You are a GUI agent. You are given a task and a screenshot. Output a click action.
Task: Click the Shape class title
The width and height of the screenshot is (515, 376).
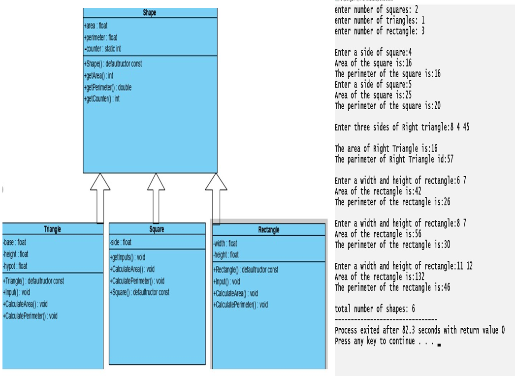(x=150, y=13)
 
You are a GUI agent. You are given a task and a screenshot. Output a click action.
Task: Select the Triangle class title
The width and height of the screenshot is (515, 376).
(x=53, y=229)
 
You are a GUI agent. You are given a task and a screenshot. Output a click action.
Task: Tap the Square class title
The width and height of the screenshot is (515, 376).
(x=157, y=229)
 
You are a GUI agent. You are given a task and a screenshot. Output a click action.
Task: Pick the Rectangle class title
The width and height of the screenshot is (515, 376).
(x=268, y=230)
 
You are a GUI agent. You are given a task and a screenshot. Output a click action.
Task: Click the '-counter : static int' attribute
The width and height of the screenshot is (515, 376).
(x=102, y=49)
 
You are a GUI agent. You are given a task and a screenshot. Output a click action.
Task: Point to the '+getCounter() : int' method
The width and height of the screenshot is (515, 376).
(x=102, y=98)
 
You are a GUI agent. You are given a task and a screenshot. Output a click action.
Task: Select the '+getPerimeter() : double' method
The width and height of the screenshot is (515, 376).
(x=108, y=87)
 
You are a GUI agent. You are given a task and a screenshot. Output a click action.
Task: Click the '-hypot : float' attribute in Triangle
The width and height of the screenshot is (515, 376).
(x=15, y=266)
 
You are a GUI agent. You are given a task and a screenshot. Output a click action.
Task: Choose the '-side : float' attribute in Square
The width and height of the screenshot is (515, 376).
(x=121, y=242)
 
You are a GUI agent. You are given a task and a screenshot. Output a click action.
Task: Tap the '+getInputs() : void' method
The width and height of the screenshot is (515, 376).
(x=128, y=257)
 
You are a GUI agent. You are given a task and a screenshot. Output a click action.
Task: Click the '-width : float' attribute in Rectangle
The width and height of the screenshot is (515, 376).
(x=225, y=243)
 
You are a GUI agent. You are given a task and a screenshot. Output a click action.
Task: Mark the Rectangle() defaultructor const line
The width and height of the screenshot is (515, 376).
(x=246, y=270)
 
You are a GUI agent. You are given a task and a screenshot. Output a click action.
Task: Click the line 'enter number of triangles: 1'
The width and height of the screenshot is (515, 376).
(x=379, y=20)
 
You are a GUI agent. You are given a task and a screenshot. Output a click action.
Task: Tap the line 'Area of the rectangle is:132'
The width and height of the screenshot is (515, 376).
(x=380, y=277)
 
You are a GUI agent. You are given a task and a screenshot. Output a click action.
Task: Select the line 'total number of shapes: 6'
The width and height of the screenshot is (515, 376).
(x=375, y=309)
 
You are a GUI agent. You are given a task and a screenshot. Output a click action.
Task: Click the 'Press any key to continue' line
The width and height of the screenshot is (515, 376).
(x=384, y=341)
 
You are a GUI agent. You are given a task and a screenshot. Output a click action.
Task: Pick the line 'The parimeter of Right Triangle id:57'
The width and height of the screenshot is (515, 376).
(x=394, y=159)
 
